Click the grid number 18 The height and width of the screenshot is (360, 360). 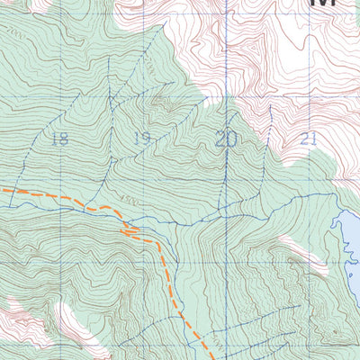pos(60,139)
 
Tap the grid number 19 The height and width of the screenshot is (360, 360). pos(140,138)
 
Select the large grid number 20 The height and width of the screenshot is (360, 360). pos(226,138)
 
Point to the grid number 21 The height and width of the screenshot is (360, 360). pos(310,139)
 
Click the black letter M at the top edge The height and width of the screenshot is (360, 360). pos(322,4)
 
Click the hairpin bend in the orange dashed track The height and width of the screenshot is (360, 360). pos(130,232)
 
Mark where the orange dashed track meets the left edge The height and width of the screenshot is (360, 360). pos(2,191)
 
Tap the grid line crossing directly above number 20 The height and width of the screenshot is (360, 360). pos(226,94)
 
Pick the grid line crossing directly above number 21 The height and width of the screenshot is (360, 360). pos(310,92)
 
